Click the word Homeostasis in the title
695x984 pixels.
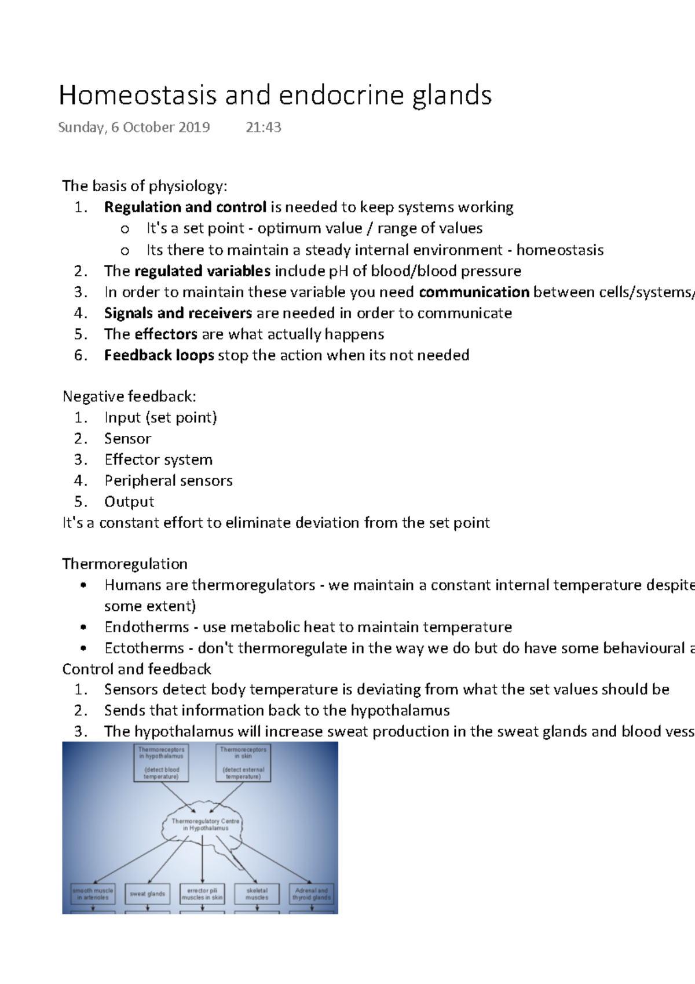tap(138, 96)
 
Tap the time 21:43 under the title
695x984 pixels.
tap(264, 127)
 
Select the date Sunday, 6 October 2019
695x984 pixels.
tap(134, 127)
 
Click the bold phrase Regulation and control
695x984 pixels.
tap(185, 207)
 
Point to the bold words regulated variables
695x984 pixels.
tap(202, 271)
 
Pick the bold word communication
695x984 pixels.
tap(474, 292)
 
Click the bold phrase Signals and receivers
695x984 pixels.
tap(178, 314)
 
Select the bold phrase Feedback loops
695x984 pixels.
tap(159, 355)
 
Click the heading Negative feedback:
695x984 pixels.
tap(129, 396)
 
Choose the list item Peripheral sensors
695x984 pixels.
tap(169, 481)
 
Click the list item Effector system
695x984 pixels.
tap(158, 460)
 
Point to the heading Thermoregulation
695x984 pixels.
tap(125, 564)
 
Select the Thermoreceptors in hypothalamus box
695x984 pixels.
tap(161, 763)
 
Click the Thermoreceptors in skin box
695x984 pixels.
tap(243, 763)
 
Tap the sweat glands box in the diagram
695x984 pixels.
tap(148, 894)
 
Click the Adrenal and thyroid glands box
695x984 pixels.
tap(312, 894)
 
